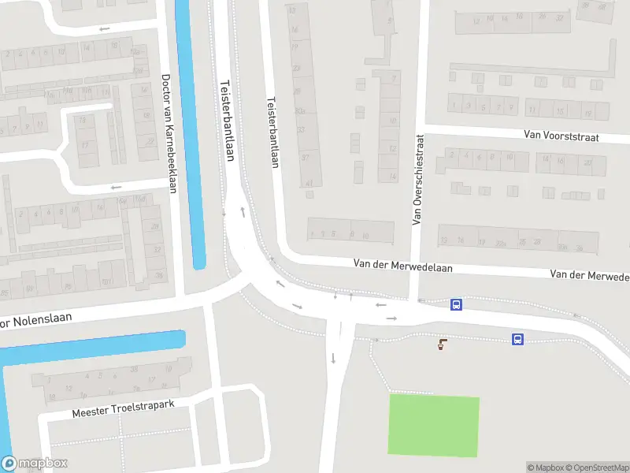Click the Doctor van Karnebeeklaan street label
coord(168,133)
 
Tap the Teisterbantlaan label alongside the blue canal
coord(228,121)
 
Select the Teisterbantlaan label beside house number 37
coord(273,132)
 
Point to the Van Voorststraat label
coord(561,136)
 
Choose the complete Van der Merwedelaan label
coord(403,268)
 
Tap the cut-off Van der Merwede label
coord(590,275)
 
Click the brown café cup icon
coord(442,344)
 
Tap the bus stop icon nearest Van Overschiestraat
coord(455,304)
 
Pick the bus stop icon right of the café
coord(517,340)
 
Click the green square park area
coord(433,426)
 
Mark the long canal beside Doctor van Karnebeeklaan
coord(190,134)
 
